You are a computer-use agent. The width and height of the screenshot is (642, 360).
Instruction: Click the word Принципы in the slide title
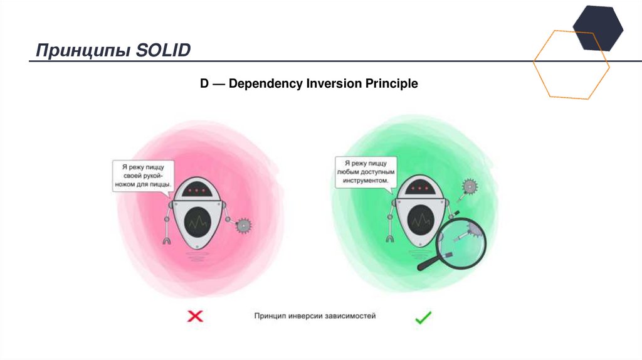pyautogui.click(x=82, y=51)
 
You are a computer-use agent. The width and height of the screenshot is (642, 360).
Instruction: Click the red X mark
pyautogui.click(x=196, y=317)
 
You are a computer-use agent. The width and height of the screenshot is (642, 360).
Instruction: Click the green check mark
pyautogui.click(x=423, y=317)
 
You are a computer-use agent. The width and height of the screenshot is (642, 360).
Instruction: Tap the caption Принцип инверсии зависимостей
pyautogui.click(x=315, y=316)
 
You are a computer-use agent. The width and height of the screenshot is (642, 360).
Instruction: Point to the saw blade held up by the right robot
pyautogui.click(x=468, y=186)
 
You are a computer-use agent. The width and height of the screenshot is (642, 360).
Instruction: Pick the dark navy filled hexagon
pyautogui.click(x=598, y=28)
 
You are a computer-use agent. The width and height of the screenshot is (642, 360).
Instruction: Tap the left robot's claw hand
pyautogui.click(x=166, y=239)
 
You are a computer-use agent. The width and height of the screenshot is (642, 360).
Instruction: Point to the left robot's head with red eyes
pyautogui.click(x=199, y=188)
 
